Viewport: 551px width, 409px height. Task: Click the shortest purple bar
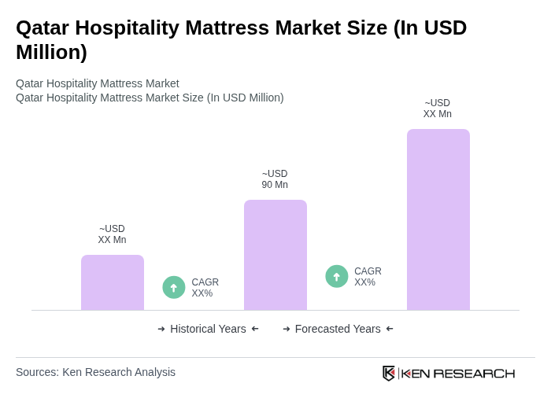pyautogui.click(x=113, y=282)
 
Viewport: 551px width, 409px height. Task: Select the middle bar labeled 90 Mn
pyautogui.click(x=275, y=255)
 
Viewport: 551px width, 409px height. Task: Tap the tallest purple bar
pyautogui.click(x=438, y=219)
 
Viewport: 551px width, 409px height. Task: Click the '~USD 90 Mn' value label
pyautogui.click(x=275, y=179)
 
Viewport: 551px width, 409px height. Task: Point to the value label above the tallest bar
pyautogui.click(x=438, y=109)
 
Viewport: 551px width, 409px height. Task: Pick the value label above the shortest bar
pyautogui.click(x=112, y=234)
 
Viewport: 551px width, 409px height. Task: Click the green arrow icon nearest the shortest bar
pyautogui.click(x=174, y=288)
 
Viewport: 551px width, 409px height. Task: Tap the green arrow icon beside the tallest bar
pyautogui.click(x=337, y=277)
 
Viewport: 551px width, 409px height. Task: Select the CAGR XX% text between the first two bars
pyautogui.click(x=205, y=288)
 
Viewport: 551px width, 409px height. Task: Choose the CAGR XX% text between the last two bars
pyautogui.click(x=368, y=277)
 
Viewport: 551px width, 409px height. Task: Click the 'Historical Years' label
pyautogui.click(x=208, y=329)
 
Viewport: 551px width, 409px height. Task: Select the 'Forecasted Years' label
pyautogui.click(x=338, y=329)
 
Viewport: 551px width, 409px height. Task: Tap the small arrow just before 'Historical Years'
pyautogui.click(x=161, y=329)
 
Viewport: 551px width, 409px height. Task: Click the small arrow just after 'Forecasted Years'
pyautogui.click(x=390, y=329)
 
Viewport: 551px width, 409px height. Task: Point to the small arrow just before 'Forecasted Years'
pyautogui.click(x=287, y=329)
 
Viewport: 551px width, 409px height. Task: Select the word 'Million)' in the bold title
pyautogui.click(x=51, y=52)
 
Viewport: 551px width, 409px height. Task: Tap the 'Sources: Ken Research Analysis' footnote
pyautogui.click(x=95, y=372)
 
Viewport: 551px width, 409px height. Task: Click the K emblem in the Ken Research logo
pyautogui.click(x=389, y=373)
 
